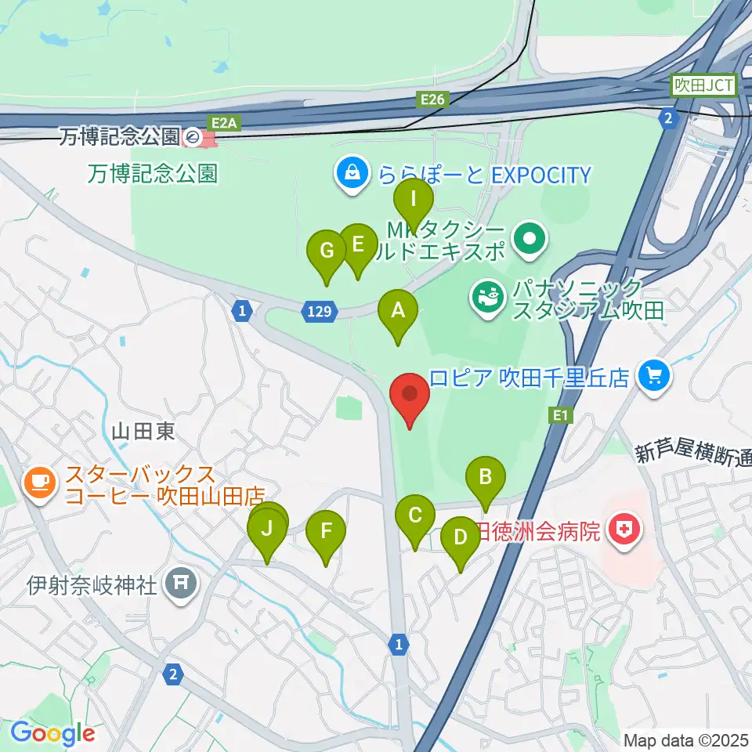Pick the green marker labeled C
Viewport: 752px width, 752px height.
[415, 515]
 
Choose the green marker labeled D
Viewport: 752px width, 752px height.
[461, 537]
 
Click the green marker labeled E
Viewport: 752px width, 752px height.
[358, 244]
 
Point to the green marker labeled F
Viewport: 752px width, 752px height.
[326, 530]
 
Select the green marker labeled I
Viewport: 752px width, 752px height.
[413, 199]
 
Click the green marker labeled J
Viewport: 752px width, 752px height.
[267, 528]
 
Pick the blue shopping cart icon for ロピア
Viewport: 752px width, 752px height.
[653, 376]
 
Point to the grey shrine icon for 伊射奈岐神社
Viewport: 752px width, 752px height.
[182, 584]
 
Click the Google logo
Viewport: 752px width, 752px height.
[52, 733]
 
